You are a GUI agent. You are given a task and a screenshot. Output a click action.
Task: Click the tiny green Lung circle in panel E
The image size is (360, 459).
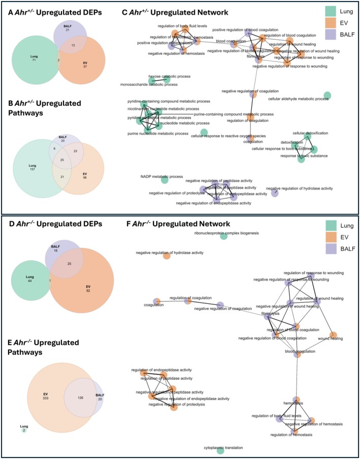pyautogui.click(x=24, y=430)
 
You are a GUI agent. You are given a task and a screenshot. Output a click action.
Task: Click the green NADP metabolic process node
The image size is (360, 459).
pyautogui.click(x=164, y=179)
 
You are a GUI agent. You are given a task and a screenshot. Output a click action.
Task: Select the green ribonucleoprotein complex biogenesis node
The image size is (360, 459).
pyautogui.click(x=223, y=236)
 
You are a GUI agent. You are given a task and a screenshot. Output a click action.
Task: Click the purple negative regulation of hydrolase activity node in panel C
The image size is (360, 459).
pyautogui.click(x=275, y=192)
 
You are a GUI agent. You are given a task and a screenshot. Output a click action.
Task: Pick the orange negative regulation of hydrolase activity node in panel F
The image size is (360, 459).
pyautogui.click(x=166, y=256)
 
